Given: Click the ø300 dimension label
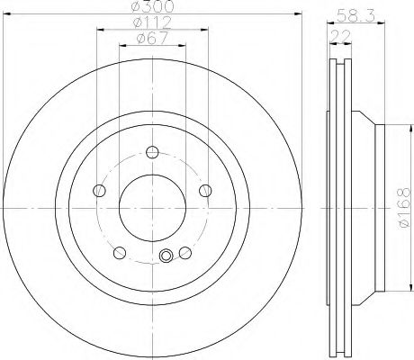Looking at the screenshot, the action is [153, 6].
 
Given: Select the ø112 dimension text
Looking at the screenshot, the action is [153, 22].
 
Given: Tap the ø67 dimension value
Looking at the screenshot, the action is [152, 39].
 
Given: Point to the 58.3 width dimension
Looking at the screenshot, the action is [355, 15].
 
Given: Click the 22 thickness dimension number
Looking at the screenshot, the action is [340, 36].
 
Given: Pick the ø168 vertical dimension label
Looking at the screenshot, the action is [404, 208].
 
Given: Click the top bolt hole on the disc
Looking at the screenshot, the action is [152, 152].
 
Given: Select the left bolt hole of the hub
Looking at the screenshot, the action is [99, 191].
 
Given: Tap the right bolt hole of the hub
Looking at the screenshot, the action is [205, 191].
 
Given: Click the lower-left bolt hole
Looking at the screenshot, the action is [120, 253].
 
